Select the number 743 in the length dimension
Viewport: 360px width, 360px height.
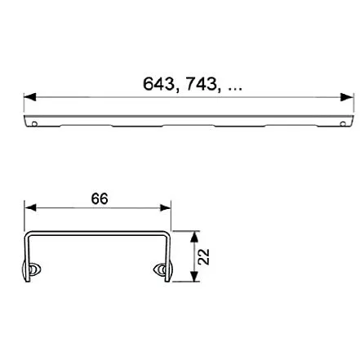coord(199,84)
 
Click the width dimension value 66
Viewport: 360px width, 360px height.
coord(100,198)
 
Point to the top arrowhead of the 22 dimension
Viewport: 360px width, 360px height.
coord(193,236)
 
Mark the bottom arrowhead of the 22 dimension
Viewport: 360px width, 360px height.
coord(193,278)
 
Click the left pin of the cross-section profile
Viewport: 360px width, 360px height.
coord(34,271)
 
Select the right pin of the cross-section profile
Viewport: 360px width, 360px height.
coord(161,271)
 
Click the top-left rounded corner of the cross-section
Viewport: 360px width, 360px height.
coord(29,235)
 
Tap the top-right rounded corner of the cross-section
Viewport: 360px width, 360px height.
coord(167,235)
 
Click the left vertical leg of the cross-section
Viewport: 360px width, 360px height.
coord(26,257)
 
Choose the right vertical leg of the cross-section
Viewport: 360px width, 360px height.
coord(170,257)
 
